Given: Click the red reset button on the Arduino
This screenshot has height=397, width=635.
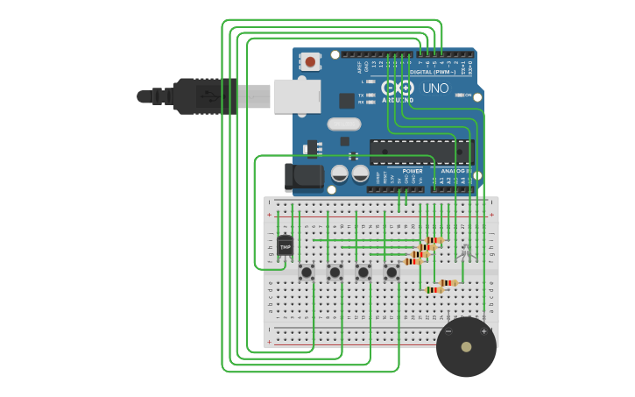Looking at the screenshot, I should [310, 61].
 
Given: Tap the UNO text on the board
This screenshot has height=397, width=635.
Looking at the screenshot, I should [435, 89].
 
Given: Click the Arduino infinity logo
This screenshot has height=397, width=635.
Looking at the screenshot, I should [397, 88].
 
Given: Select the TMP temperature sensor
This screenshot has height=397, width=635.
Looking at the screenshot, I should [285, 247].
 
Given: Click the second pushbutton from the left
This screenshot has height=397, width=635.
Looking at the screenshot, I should [335, 273].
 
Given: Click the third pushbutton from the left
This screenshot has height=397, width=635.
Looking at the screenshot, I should [363, 273].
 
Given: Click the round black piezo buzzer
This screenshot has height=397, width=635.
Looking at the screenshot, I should [466, 347].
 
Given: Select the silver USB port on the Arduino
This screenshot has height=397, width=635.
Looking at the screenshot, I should [297, 96].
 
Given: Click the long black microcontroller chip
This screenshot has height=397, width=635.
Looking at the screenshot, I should [420, 152].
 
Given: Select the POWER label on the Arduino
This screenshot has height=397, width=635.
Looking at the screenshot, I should [413, 171].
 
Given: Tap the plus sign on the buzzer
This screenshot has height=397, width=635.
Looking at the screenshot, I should [483, 331].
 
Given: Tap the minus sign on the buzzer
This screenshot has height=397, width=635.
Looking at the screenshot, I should [448, 331].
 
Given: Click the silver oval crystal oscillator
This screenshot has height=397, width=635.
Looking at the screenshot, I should [344, 124].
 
